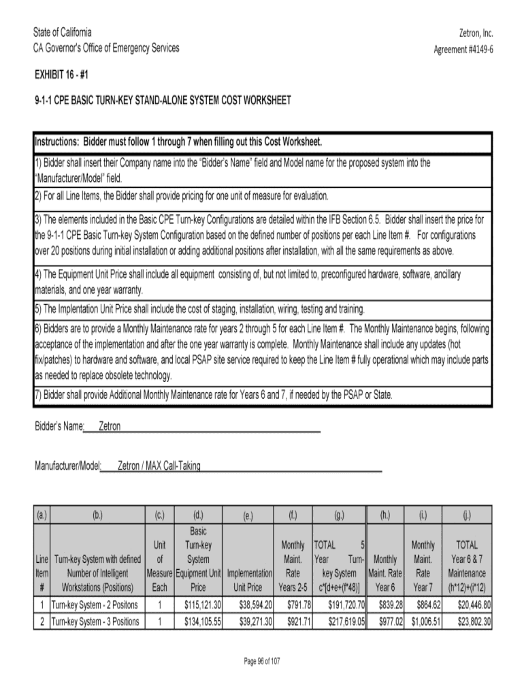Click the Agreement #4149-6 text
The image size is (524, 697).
(463, 50)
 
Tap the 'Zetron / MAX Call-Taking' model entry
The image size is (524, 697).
(159, 466)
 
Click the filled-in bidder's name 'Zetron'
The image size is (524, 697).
(110, 427)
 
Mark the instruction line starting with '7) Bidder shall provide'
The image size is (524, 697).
(214, 395)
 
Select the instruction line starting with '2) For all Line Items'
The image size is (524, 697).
(182, 196)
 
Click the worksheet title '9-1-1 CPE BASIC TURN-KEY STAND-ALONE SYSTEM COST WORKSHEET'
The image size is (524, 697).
(163, 101)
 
